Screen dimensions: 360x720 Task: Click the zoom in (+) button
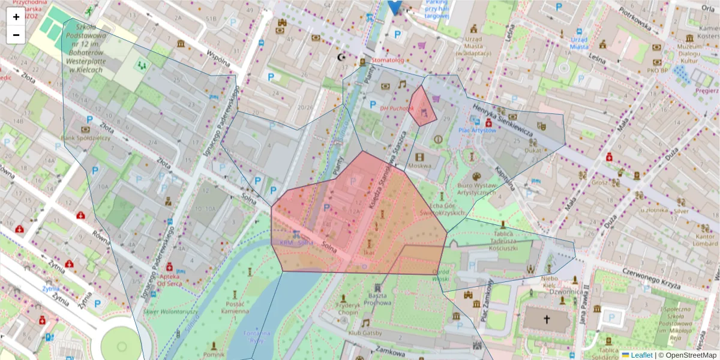(16, 17)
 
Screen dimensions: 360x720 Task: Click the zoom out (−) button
(16, 35)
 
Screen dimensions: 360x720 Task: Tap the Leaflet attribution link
(640, 355)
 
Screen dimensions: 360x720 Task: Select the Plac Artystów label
(473, 130)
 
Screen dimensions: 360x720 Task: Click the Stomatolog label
(388, 61)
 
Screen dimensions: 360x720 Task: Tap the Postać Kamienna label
(234, 307)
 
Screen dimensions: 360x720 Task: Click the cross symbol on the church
(547, 320)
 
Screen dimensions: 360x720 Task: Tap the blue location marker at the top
(394, 6)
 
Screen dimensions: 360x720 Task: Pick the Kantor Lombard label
(705, 240)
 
